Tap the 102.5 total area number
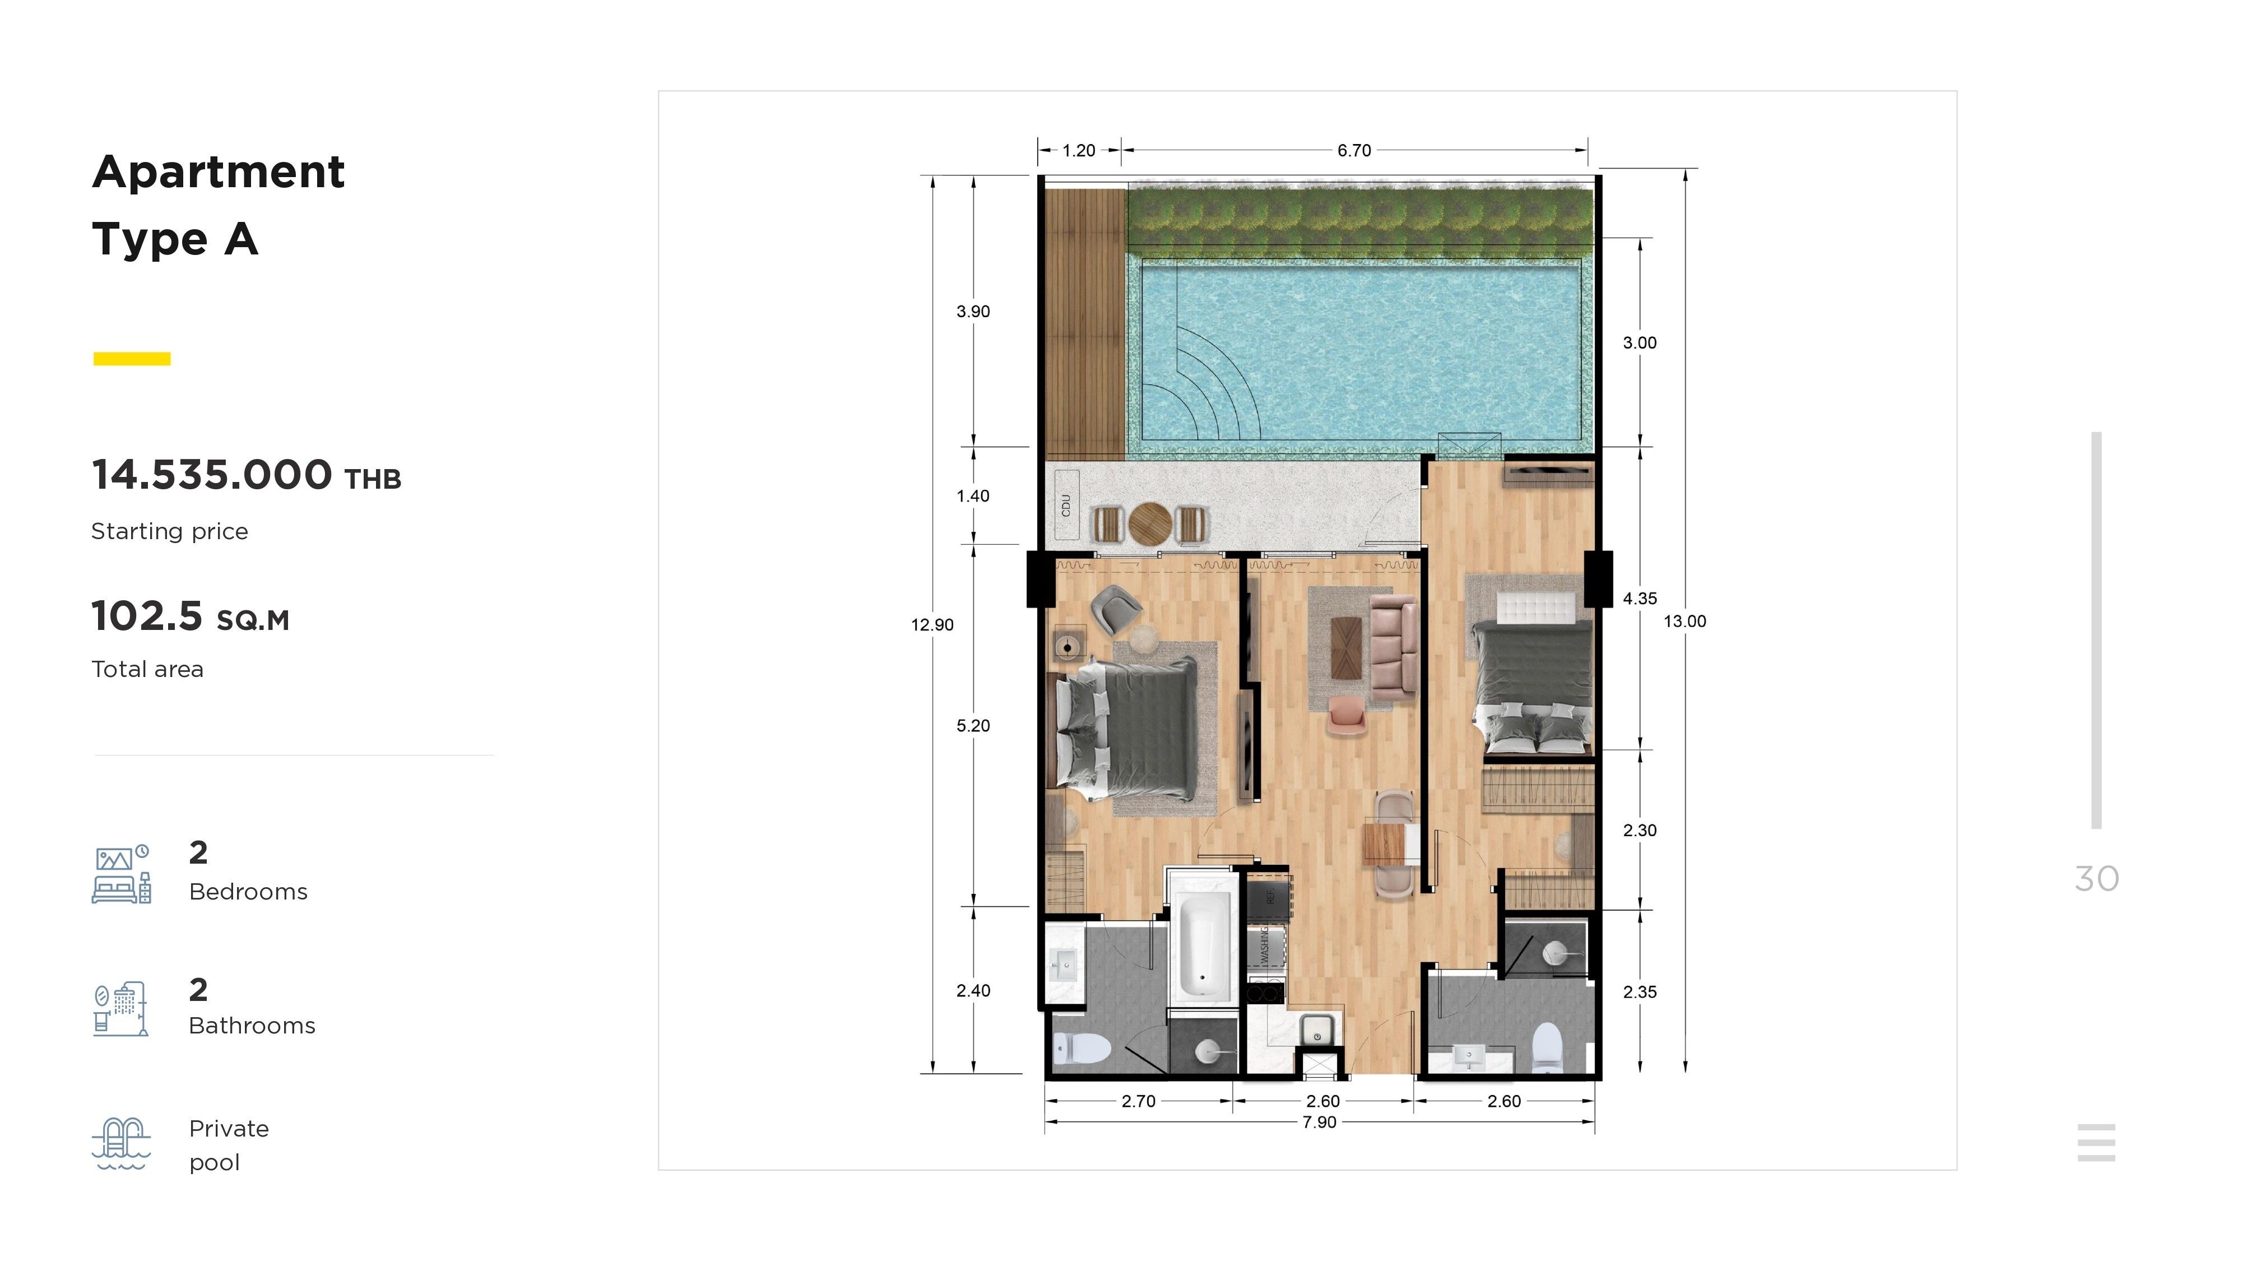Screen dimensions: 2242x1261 [x=147, y=616]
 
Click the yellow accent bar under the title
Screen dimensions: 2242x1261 [x=132, y=359]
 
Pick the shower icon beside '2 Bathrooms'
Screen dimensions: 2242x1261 [x=121, y=1009]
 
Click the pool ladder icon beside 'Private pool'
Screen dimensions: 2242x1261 [x=122, y=1143]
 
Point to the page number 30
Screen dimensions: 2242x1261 [x=2097, y=879]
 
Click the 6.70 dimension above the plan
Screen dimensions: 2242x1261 [x=1354, y=151]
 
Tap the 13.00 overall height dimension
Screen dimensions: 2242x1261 [x=1685, y=622]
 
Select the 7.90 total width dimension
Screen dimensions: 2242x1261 [x=1320, y=1123]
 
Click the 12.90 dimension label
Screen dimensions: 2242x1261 [x=932, y=625]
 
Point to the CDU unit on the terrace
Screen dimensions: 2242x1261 [x=1066, y=505]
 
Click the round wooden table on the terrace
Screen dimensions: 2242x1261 [x=1150, y=524]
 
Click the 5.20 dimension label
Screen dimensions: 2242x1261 [x=973, y=726]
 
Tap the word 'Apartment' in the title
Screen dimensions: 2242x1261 [x=219, y=172]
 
